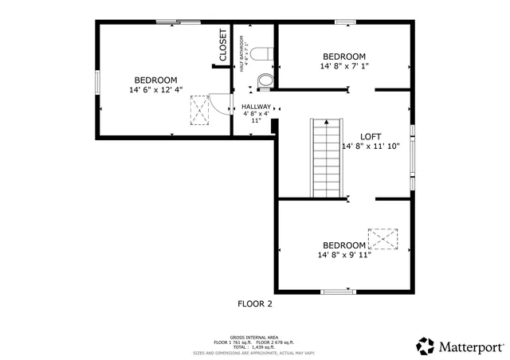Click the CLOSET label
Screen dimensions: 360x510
[x=223, y=45]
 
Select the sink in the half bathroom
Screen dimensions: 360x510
[x=265, y=80]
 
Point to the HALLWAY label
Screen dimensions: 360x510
[x=256, y=107]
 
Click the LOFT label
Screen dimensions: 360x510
[x=371, y=136]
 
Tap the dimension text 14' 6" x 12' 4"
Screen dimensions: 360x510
[x=155, y=90]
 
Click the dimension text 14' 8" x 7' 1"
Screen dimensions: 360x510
[x=343, y=66]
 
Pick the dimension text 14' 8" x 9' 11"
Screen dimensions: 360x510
[x=343, y=255]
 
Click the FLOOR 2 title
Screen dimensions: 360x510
[x=255, y=303]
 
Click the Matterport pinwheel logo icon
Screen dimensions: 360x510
[x=426, y=346]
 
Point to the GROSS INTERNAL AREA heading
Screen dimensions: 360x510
[x=254, y=338]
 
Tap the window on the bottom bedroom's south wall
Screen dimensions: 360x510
[x=338, y=292]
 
